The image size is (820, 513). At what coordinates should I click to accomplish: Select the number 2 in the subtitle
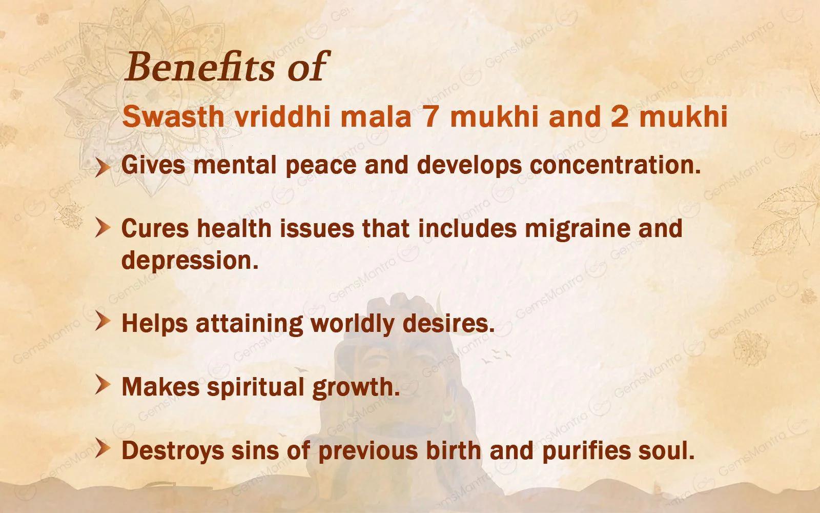(620, 117)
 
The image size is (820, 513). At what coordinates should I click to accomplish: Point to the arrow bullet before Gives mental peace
(102, 167)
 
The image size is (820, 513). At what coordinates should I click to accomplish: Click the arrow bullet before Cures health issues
(102, 229)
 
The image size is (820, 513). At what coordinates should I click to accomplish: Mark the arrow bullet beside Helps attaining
(102, 322)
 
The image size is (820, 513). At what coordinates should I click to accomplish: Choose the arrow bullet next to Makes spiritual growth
(102, 385)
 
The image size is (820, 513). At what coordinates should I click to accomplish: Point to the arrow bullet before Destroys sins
(102, 449)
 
